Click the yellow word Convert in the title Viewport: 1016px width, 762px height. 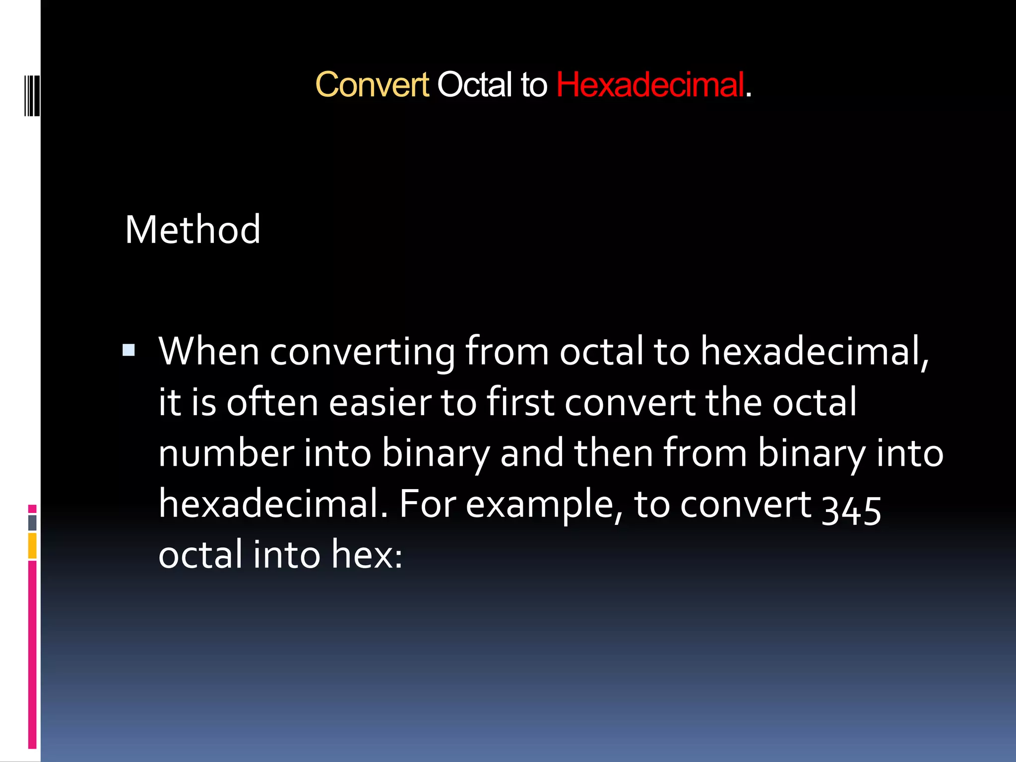click(372, 85)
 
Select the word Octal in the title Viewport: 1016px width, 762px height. click(474, 85)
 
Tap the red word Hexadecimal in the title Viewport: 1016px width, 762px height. click(650, 85)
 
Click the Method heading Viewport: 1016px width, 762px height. click(192, 230)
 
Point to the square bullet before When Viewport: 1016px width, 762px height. click(129, 351)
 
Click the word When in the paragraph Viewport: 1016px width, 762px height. click(209, 352)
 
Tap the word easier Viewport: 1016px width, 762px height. click(381, 403)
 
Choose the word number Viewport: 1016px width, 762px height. click(226, 453)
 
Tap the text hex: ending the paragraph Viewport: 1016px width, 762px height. click(367, 555)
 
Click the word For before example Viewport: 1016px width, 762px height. click(428, 505)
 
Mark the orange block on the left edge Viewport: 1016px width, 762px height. click(32, 546)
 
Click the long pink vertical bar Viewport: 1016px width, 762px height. click(32, 655)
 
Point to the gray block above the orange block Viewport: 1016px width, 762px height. click(32, 522)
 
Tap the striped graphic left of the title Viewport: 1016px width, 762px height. click(31, 95)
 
